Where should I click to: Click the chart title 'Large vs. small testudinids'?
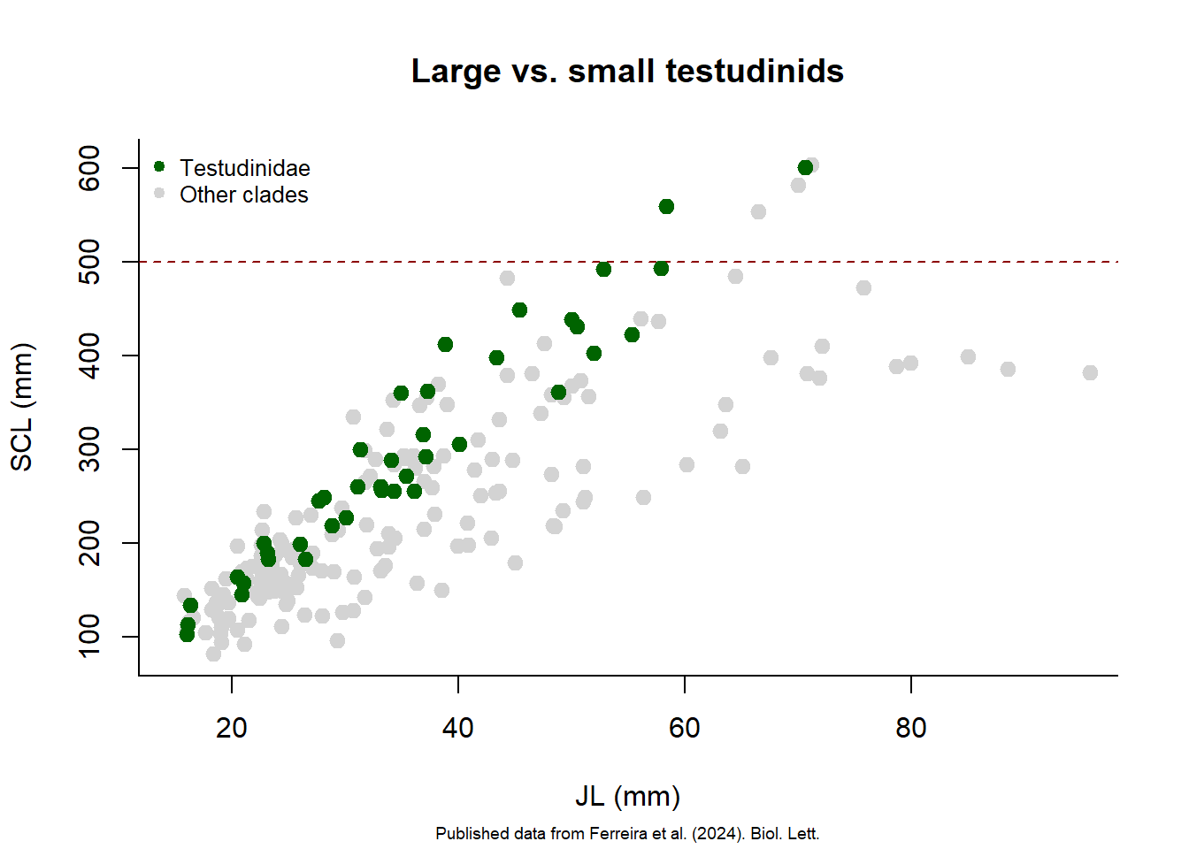pyautogui.click(x=627, y=72)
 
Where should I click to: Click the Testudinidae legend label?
pyautogui.click(x=245, y=168)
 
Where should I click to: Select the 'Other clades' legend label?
pyautogui.click(x=244, y=195)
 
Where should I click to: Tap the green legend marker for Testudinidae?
pyautogui.click(x=159, y=166)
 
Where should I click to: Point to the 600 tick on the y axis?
pyautogui.click(x=90, y=168)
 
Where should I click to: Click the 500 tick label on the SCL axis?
pyautogui.click(x=90, y=262)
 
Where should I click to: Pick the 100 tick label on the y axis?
pyautogui.click(x=90, y=637)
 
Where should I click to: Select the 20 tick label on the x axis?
pyautogui.click(x=232, y=728)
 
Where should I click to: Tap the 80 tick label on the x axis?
pyautogui.click(x=911, y=728)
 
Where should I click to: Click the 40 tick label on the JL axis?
pyautogui.click(x=458, y=728)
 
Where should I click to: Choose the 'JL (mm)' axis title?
pyautogui.click(x=627, y=796)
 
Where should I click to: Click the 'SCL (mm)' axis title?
pyautogui.click(x=21, y=407)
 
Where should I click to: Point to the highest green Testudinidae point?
pyautogui.click(x=805, y=167)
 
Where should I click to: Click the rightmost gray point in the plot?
pyautogui.click(x=1090, y=373)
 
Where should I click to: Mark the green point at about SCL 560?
pyautogui.click(x=666, y=206)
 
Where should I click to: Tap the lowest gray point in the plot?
pyautogui.click(x=213, y=654)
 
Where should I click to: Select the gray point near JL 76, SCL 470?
pyautogui.click(x=863, y=287)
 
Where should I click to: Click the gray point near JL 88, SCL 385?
pyautogui.click(x=1008, y=369)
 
